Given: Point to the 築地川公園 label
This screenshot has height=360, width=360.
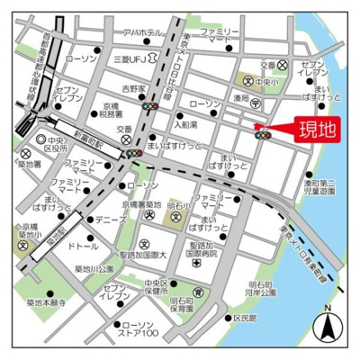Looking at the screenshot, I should (94, 269).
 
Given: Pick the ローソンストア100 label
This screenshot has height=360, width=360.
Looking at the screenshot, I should (139, 329).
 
